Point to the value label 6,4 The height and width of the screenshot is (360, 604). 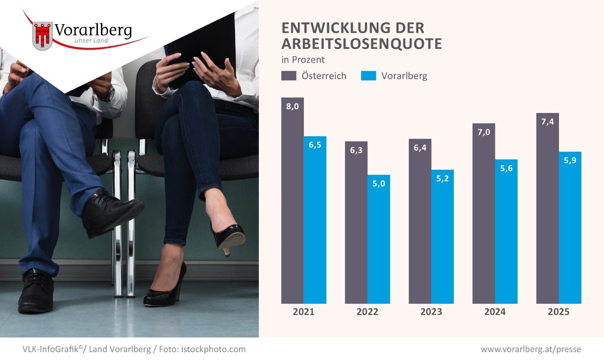coord(420,148)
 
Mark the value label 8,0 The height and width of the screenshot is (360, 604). coord(293,106)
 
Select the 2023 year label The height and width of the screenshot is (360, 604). coord(431,312)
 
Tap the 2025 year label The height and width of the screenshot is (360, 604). coord(559,312)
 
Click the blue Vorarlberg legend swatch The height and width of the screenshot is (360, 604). coord(368,76)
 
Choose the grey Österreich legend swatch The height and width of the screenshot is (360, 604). coord(289,76)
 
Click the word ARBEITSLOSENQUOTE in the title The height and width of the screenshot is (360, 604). coord(362,44)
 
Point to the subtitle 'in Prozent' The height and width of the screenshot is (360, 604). coord(303,60)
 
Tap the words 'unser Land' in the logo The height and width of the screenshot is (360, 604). coord(93,41)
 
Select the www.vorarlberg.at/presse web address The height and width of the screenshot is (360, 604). coord(531,349)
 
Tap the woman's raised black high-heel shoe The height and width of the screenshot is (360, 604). coord(228,236)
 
